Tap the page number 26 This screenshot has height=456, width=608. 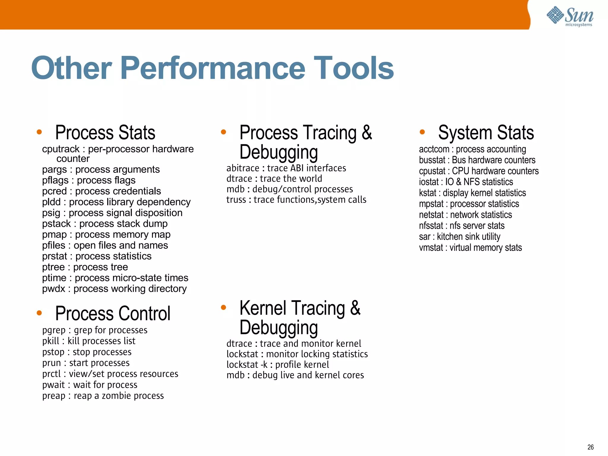(x=590, y=447)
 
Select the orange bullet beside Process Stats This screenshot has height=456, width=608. (x=39, y=132)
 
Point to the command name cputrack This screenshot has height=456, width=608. (x=61, y=149)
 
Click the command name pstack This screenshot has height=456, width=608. (x=56, y=224)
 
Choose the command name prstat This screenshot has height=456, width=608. (x=55, y=256)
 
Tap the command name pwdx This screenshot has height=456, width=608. (x=53, y=289)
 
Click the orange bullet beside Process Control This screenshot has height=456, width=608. (x=39, y=313)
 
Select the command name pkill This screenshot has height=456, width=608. (x=51, y=341)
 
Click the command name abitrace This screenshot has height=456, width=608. (x=243, y=168)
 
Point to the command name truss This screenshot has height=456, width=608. (x=236, y=200)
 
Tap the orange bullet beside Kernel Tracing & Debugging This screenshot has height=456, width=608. (x=224, y=308)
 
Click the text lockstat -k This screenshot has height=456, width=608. (x=247, y=365)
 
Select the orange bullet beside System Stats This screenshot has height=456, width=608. (x=422, y=132)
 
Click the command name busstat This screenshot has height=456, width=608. (x=432, y=160)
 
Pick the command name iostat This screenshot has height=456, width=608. (x=429, y=182)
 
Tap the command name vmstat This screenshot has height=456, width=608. (x=431, y=248)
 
